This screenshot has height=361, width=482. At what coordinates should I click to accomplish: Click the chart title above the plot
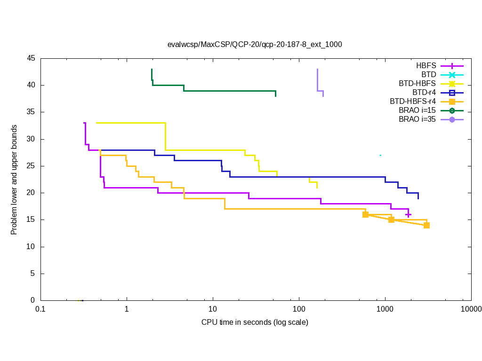pyautogui.click(x=255, y=45)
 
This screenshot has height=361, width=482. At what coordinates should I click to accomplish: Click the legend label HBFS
pyautogui.click(x=426, y=66)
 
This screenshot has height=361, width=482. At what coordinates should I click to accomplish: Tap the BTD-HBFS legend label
pyautogui.click(x=417, y=84)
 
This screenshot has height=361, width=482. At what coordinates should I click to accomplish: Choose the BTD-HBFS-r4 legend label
pyautogui.click(x=413, y=102)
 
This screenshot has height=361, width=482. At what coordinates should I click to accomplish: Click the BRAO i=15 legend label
pyautogui.click(x=417, y=110)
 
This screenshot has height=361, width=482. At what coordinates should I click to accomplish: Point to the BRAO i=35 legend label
pyautogui.click(x=417, y=119)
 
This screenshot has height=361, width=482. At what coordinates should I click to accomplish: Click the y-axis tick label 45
pyautogui.click(x=31, y=58)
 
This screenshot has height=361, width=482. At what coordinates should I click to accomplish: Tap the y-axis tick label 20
pyautogui.click(x=31, y=193)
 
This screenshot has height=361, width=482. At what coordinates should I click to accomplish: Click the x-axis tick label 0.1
pyautogui.click(x=40, y=309)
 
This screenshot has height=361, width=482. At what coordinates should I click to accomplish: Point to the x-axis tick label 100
pyautogui.click(x=299, y=309)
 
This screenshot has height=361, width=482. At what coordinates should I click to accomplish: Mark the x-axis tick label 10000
pyautogui.click(x=471, y=309)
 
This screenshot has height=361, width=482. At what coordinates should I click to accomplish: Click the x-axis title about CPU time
pyautogui.click(x=255, y=322)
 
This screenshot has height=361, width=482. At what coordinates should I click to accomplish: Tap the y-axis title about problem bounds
pyautogui.click(x=14, y=180)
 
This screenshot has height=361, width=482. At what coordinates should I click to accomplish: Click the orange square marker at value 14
pyautogui.click(x=426, y=225)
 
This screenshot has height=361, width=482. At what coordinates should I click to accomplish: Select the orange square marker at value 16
pyautogui.click(x=365, y=214)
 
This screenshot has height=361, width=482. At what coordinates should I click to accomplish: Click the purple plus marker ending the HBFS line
pyautogui.click(x=409, y=215)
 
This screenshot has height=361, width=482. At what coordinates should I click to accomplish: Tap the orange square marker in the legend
pyautogui.click(x=452, y=102)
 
